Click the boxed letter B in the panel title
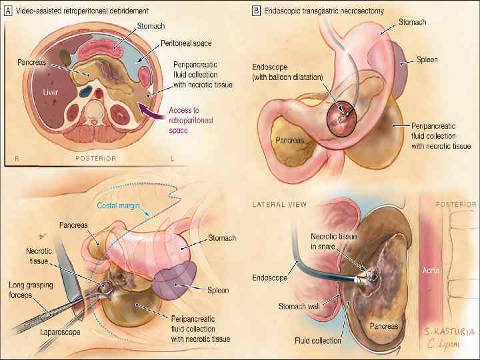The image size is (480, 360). [257, 11]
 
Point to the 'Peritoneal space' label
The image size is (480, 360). [186, 43]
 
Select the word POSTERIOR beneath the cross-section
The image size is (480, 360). [95, 159]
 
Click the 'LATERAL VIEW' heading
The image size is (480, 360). [280, 204]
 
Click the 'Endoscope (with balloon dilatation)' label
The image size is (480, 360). [287, 72]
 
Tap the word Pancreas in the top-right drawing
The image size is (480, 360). [291, 141]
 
